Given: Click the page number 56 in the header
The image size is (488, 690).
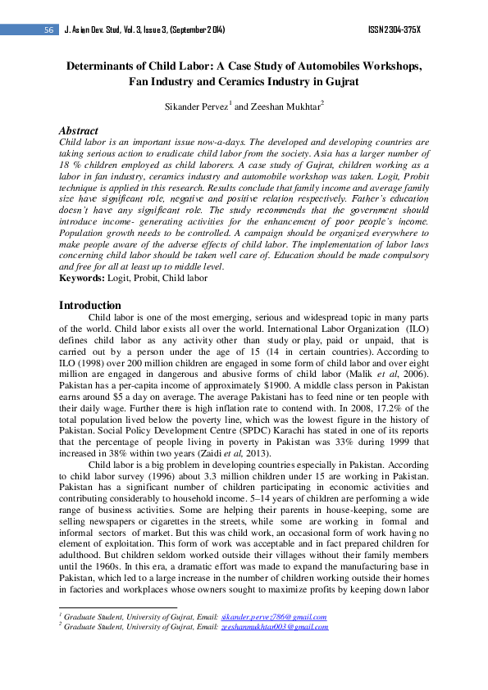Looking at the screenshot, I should point(49,30).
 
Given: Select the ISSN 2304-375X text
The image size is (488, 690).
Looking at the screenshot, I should point(395,30).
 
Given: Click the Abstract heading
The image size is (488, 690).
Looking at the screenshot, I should point(79,130).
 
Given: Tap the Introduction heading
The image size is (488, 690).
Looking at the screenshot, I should point(90,306).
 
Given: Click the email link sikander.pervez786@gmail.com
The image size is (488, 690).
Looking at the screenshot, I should point(267,614).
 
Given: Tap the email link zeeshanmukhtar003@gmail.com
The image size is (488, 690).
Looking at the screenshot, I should point(275,626).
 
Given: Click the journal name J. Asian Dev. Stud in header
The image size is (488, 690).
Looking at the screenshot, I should point(103,30).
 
